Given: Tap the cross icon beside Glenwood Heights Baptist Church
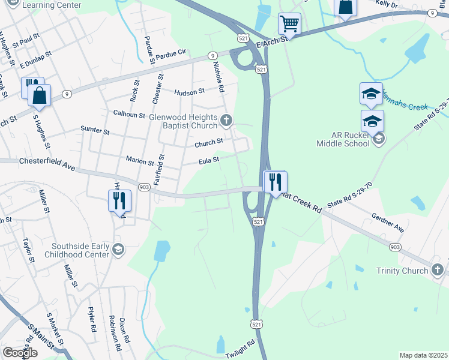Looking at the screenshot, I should click(x=227, y=121).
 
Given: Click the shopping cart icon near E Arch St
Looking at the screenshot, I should click(x=289, y=24).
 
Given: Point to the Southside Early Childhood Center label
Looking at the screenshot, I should click(x=80, y=250).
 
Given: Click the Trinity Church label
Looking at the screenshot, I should click(x=402, y=271).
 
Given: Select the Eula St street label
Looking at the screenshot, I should click(x=209, y=160).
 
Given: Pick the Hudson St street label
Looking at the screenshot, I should click(x=190, y=92).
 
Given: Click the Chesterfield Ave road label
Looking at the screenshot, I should click(x=46, y=163).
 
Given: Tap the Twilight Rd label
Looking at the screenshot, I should click(x=240, y=349).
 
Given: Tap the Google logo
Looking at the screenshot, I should click(x=19, y=353).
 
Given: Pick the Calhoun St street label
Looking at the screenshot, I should click(x=130, y=114).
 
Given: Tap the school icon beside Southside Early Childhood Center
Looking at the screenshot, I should click(x=118, y=250).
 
